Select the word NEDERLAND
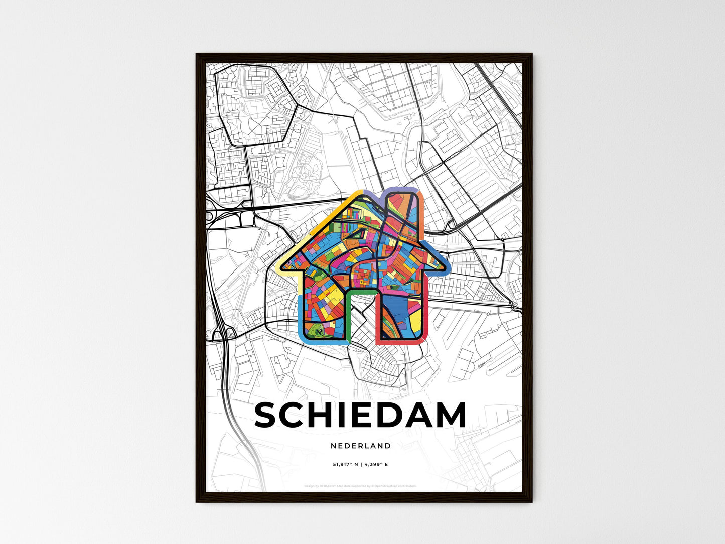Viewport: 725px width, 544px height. (x=361, y=446)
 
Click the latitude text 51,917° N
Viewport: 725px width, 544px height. (x=346, y=465)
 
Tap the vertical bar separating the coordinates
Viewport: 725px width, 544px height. (x=361, y=465)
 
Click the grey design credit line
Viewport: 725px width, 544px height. (x=361, y=486)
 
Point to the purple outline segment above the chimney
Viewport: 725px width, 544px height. (x=400, y=190)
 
